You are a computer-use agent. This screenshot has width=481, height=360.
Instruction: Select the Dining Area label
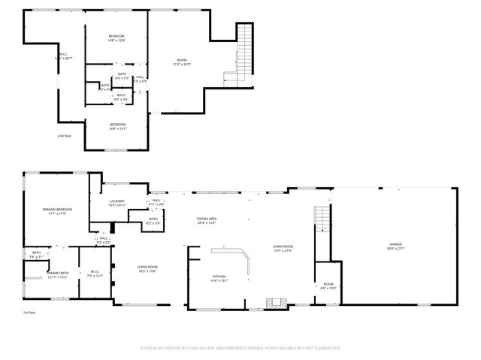206,220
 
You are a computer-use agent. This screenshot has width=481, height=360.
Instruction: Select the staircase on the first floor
321,218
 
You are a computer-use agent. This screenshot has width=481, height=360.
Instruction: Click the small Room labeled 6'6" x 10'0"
328,286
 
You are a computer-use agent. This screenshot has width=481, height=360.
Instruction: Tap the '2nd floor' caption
65,136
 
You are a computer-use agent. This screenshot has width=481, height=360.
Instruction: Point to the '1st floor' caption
29,312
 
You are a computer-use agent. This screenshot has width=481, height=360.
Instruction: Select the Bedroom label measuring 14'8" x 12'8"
116,38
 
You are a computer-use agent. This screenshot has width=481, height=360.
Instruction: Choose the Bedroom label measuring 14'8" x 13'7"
118,126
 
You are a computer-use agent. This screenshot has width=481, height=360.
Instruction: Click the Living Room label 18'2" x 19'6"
147,269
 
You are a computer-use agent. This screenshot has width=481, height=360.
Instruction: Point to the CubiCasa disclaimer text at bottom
240,348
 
